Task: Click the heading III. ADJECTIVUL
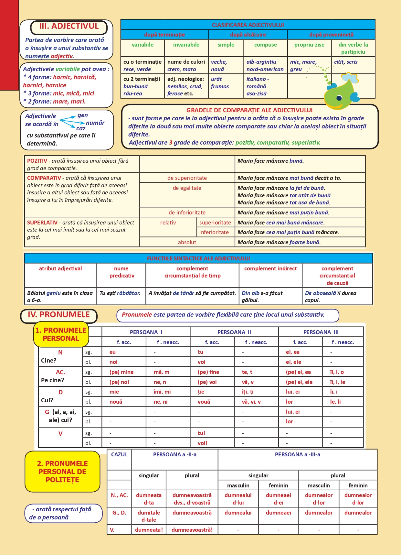pos(69,27)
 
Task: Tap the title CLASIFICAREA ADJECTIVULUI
pos(248,25)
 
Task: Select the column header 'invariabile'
pos(186,45)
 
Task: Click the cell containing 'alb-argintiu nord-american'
pos(265,66)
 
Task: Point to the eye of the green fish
pos(339,98)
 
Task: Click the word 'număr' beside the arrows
pos(95,123)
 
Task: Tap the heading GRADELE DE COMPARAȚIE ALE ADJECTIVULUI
pos(249,110)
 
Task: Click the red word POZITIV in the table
pos(37,161)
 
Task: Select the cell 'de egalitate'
pos(187,188)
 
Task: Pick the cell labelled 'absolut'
pos(187,242)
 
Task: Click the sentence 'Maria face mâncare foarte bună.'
pos(279,242)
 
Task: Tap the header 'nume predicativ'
pos(121,272)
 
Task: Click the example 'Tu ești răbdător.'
pos(120,293)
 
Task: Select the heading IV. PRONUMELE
pos(59,315)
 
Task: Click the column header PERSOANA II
pos(234,332)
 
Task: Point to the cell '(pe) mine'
pos(121,372)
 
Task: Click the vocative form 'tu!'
pos(201,433)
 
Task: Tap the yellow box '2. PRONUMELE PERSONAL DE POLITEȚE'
pos(62,472)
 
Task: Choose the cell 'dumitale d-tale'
pos(149,516)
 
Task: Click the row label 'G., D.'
pos(119,513)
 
